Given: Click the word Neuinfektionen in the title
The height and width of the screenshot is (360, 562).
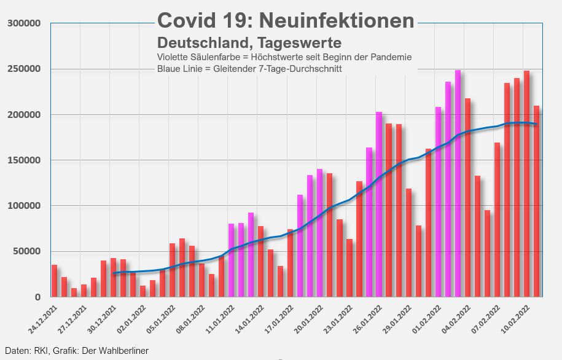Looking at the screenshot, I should [337, 20].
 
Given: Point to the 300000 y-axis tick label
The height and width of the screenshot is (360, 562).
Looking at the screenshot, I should [25, 23].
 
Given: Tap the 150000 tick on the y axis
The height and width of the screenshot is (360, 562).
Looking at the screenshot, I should [25, 160].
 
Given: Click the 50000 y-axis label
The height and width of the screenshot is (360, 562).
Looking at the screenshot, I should [27, 251].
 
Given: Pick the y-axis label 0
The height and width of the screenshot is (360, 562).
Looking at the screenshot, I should [37, 297].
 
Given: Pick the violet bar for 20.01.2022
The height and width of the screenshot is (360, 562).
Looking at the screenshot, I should [320, 233].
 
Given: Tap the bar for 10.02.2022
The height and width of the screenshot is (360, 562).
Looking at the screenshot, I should [526, 184].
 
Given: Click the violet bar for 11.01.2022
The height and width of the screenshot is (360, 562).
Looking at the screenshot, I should [231, 260].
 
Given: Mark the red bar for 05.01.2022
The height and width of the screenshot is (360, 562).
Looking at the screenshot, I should [172, 270].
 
